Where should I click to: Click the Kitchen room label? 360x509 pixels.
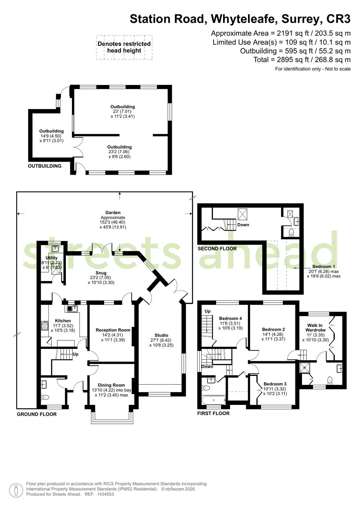coord(63,321)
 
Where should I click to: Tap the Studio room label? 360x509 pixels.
coord(161,335)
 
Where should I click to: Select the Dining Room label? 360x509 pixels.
coord(111,385)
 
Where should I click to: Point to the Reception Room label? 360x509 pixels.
coord(113,330)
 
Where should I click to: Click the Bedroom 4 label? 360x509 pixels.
coord(230,318)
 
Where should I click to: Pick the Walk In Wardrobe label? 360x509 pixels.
coord(315,328)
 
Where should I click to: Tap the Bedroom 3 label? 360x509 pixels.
coord(275,384)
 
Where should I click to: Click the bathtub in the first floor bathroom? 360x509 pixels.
coord(214,400)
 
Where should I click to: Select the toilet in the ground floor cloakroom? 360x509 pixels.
coord(45,397)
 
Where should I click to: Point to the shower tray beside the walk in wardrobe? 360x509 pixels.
coord(305,368)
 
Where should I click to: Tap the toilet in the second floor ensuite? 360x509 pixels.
coord(291,233)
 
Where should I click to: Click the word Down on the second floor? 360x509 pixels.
coord(243,225)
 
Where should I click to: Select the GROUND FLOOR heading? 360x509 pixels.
coord(37,414)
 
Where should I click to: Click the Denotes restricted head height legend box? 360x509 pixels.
coord(124,47)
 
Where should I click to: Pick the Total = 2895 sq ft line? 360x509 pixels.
coord(302,60)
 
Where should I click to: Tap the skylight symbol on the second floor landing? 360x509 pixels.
coord(242,214)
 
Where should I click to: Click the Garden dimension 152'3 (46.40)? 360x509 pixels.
coord(113,222)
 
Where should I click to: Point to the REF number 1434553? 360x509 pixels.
coord(105,494)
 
